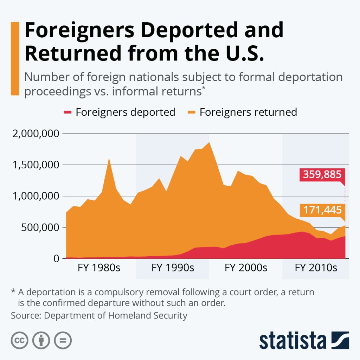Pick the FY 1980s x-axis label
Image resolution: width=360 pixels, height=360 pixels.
pos(99,268)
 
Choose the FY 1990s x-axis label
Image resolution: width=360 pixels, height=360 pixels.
pos(173,268)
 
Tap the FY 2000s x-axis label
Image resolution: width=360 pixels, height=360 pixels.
pos(246,268)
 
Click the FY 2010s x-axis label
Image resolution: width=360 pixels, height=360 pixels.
pos(316,268)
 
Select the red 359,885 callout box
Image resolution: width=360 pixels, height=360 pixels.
pos(321,175)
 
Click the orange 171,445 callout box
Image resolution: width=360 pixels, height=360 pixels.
pos(321,210)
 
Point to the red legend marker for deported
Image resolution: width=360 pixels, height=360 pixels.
pos(68,112)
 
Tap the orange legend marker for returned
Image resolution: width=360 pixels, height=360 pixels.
pos(192,112)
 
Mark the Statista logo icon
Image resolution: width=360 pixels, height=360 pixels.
pos(340,340)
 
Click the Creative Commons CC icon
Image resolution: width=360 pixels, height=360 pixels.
pos(20,340)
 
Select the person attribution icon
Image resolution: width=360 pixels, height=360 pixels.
pos(41,340)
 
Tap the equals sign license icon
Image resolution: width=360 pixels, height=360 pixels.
pos(63,340)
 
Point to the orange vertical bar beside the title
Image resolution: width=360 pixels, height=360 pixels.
pos(15,58)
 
